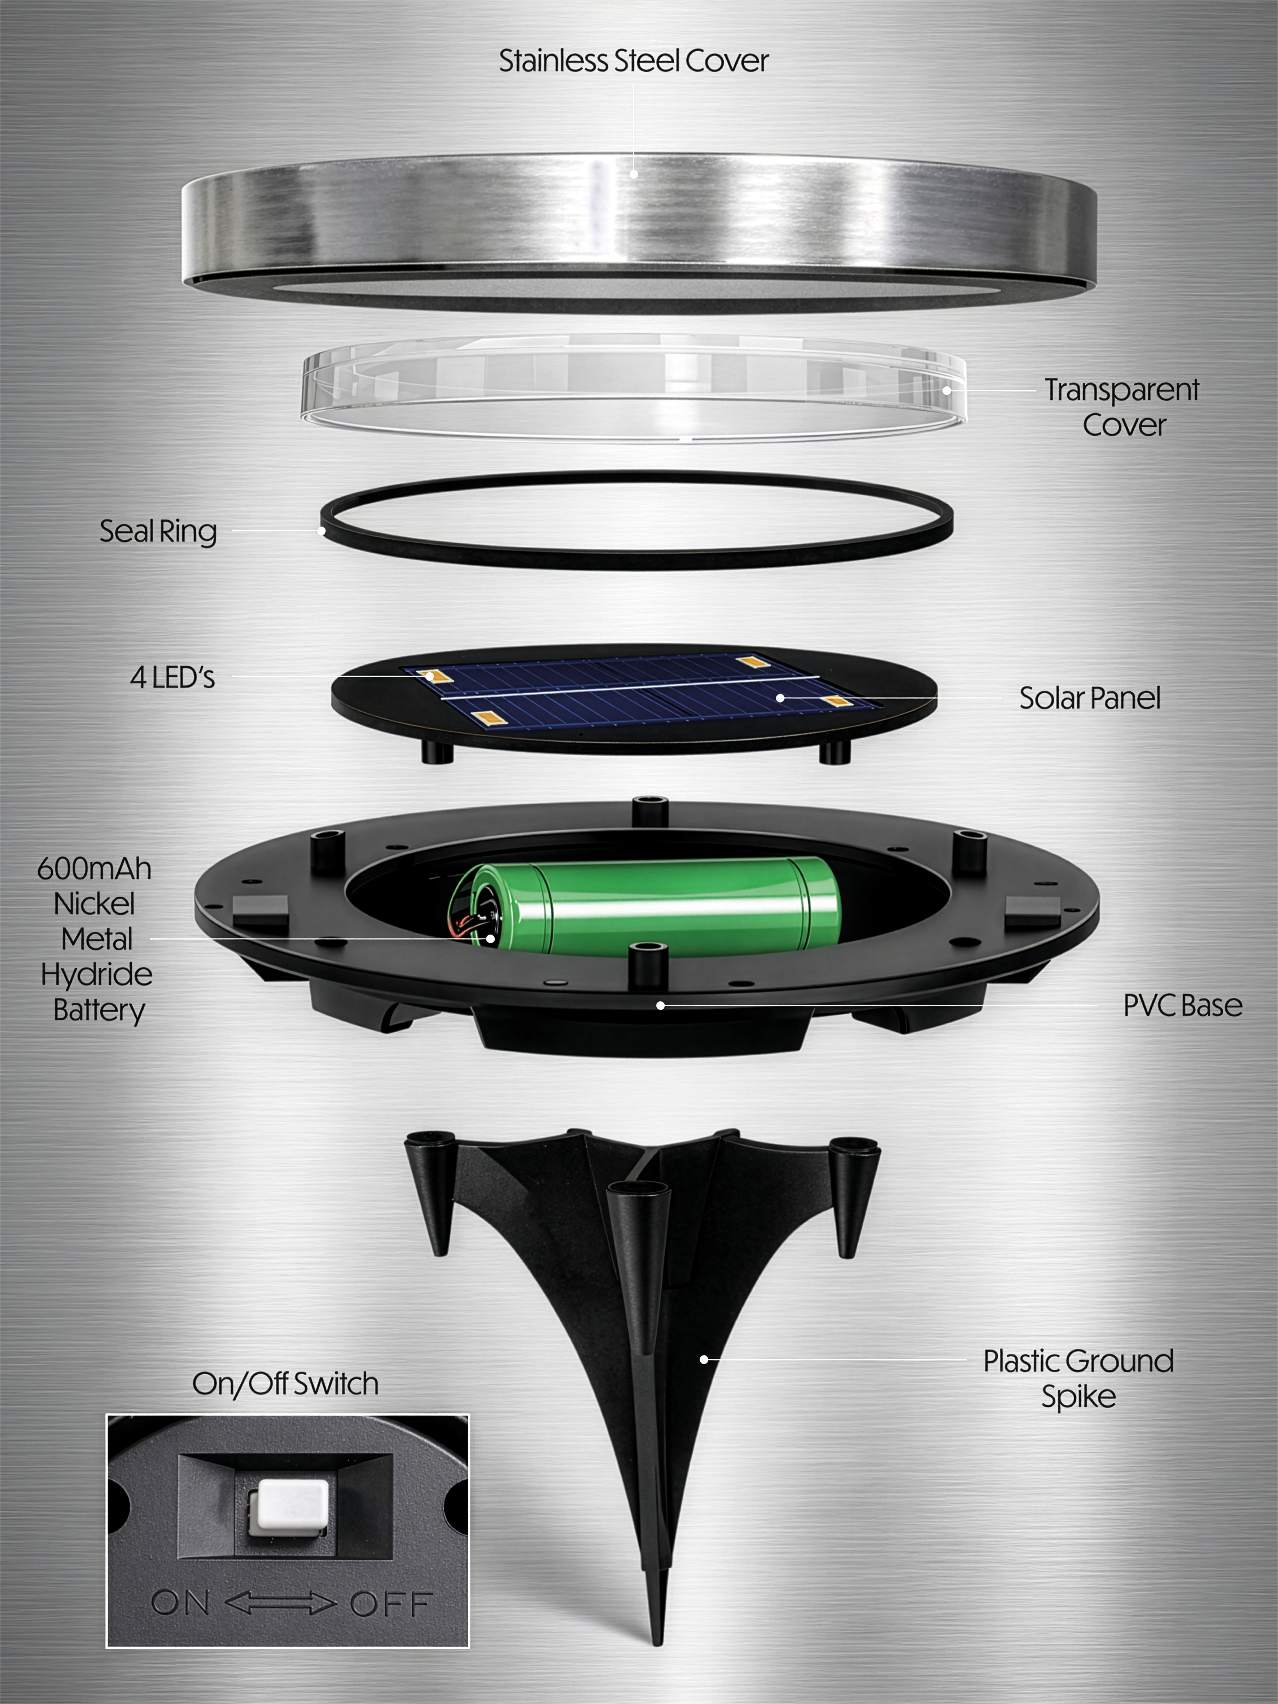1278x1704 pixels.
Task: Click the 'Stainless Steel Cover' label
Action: tap(633, 61)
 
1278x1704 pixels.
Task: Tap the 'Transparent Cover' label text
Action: tap(1122, 407)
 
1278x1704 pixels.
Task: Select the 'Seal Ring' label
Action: tap(158, 532)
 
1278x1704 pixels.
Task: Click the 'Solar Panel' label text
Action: tap(1089, 698)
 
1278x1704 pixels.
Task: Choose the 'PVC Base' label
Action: tap(1182, 1005)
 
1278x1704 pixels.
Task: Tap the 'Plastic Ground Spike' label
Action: tap(1078, 1378)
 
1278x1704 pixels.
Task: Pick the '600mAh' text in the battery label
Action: tap(94, 869)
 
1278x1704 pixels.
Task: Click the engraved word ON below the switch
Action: tap(180, 1603)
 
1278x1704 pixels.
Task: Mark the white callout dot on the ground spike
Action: tap(703, 1360)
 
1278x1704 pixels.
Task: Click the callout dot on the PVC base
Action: tap(660, 1005)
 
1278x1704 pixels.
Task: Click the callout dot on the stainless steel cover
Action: tap(634, 174)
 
